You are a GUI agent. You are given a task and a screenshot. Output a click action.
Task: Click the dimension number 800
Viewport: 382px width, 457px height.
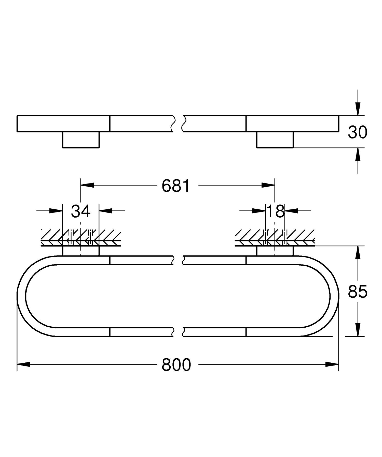176,365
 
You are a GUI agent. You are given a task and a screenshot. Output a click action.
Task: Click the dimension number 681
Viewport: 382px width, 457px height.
176,186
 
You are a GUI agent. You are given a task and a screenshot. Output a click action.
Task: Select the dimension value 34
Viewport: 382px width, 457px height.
81,211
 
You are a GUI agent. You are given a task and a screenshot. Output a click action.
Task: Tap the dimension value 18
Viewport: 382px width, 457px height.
276,211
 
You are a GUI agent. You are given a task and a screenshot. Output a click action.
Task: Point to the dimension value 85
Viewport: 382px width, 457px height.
358,292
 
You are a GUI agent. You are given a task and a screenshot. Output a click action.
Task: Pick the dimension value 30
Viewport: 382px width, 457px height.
358,132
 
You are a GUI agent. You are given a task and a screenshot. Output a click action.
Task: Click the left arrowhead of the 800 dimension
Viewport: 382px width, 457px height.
23,364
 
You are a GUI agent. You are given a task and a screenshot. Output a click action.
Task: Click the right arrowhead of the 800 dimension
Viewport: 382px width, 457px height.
332,364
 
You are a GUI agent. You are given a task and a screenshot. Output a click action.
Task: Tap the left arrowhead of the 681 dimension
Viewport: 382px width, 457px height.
87,185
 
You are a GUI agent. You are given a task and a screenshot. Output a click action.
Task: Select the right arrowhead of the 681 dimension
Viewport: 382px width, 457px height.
268,185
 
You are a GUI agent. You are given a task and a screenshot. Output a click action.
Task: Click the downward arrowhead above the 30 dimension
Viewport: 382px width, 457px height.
358,109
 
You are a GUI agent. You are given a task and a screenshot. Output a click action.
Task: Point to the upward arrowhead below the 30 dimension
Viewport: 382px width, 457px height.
358,154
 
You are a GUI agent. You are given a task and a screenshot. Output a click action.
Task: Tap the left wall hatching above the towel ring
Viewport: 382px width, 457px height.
81,238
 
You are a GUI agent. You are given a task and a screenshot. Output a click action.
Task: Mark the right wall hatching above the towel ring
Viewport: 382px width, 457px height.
275,238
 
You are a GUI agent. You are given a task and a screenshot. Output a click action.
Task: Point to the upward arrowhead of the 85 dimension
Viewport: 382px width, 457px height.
358,253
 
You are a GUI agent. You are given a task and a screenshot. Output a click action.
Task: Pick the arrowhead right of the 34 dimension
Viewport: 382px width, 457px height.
105,210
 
